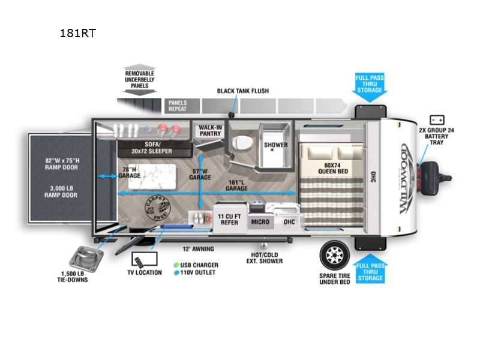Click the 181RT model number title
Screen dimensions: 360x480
point(77,33)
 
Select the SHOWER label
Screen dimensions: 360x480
point(275,145)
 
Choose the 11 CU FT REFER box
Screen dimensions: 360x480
point(230,218)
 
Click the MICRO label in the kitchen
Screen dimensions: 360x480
point(260,222)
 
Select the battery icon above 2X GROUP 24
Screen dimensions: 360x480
point(436,120)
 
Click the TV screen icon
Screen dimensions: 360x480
point(144,259)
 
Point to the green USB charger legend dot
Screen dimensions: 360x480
point(177,265)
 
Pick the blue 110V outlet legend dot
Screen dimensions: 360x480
point(177,272)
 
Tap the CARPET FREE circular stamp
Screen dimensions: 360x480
point(158,208)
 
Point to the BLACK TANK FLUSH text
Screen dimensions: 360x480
point(243,91)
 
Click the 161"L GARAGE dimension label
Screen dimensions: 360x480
point(236,184)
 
